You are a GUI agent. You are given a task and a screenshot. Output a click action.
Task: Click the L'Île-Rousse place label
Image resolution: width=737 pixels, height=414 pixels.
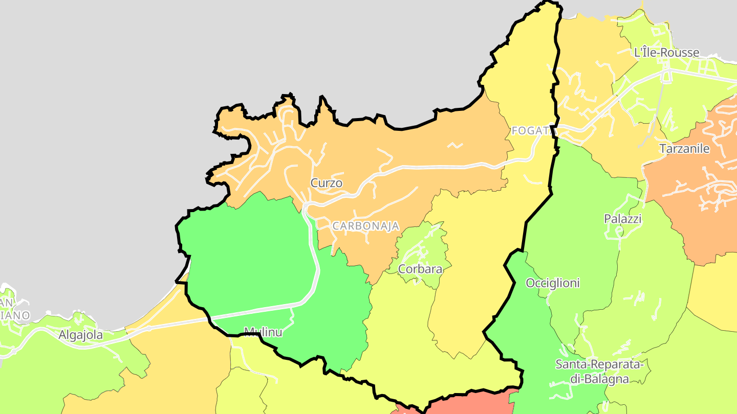tap(666, 53)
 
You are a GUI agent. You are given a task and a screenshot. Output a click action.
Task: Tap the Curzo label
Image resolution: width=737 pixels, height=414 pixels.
tap(326, 183)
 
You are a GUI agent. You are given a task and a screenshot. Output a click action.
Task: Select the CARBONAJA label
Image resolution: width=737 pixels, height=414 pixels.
tap(365, 226)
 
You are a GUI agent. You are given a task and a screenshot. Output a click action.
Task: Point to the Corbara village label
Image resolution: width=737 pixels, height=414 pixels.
tap(420, 269)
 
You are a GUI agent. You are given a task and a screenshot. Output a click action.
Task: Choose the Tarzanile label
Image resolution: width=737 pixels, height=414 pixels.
tap(684, 149)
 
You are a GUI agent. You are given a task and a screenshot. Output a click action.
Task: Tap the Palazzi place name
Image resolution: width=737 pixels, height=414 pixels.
tap(622, 219)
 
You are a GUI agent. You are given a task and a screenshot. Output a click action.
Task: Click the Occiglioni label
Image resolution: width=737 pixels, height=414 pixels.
tap(553, 283)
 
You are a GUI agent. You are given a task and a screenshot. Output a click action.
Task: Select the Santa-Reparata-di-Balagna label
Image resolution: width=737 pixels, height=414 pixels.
tap(599, 372)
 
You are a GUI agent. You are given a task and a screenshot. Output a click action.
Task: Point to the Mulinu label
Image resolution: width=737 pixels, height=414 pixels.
tap(263, 332)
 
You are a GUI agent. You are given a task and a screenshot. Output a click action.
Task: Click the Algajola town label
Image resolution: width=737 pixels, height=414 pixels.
tap(80, 335)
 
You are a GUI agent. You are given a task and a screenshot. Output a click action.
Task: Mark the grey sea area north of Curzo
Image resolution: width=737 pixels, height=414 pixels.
tap(307, 51)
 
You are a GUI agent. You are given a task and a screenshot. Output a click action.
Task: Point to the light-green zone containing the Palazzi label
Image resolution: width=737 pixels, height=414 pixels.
tap(589, 215)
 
